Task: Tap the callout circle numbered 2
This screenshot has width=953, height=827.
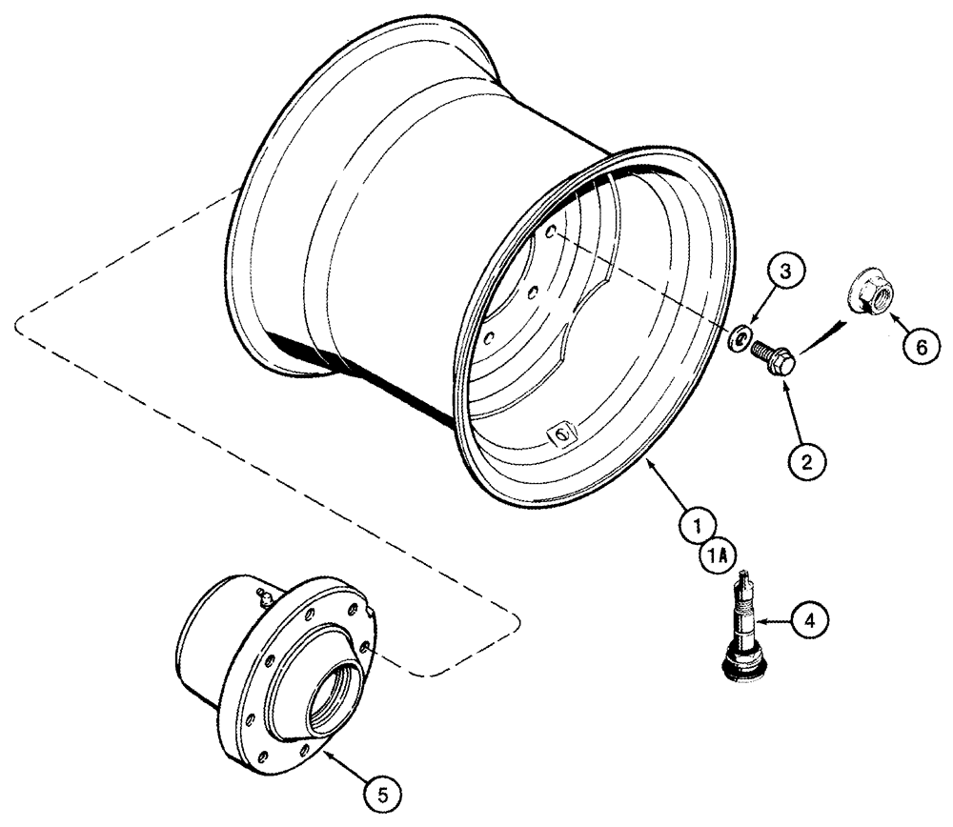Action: point(806,463)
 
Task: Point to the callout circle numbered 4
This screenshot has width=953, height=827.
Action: point(809,620)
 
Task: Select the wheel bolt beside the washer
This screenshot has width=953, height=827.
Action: point(774,357)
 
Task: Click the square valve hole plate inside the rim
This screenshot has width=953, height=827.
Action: point(560,434)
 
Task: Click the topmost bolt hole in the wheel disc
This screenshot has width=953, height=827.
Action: point(552,232)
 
